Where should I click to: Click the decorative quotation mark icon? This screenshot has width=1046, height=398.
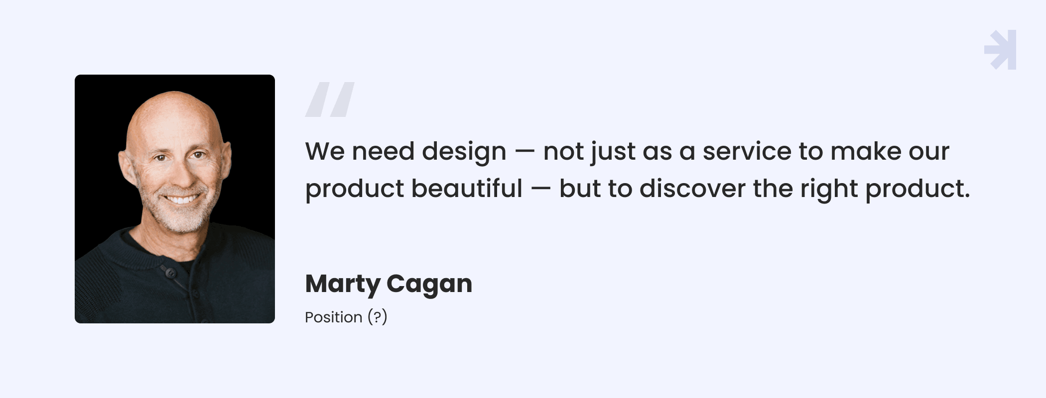(330, 99)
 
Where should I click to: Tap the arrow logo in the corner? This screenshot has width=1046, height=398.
(1000, 50)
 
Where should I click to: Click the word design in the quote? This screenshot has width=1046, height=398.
(464, 152)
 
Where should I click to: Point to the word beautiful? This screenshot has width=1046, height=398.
(467, 189)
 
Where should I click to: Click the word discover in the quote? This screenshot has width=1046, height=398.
(692, 189)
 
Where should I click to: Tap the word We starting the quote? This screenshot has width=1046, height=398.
(325, 151)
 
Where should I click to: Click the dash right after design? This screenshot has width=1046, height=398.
(525, 152)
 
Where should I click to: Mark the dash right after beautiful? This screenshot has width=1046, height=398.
(541, 189)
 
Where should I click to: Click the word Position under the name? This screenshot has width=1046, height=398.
(334, 317)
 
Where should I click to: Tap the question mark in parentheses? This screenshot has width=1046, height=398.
(378, 316)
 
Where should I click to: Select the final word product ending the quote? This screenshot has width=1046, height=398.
(917, 190)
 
